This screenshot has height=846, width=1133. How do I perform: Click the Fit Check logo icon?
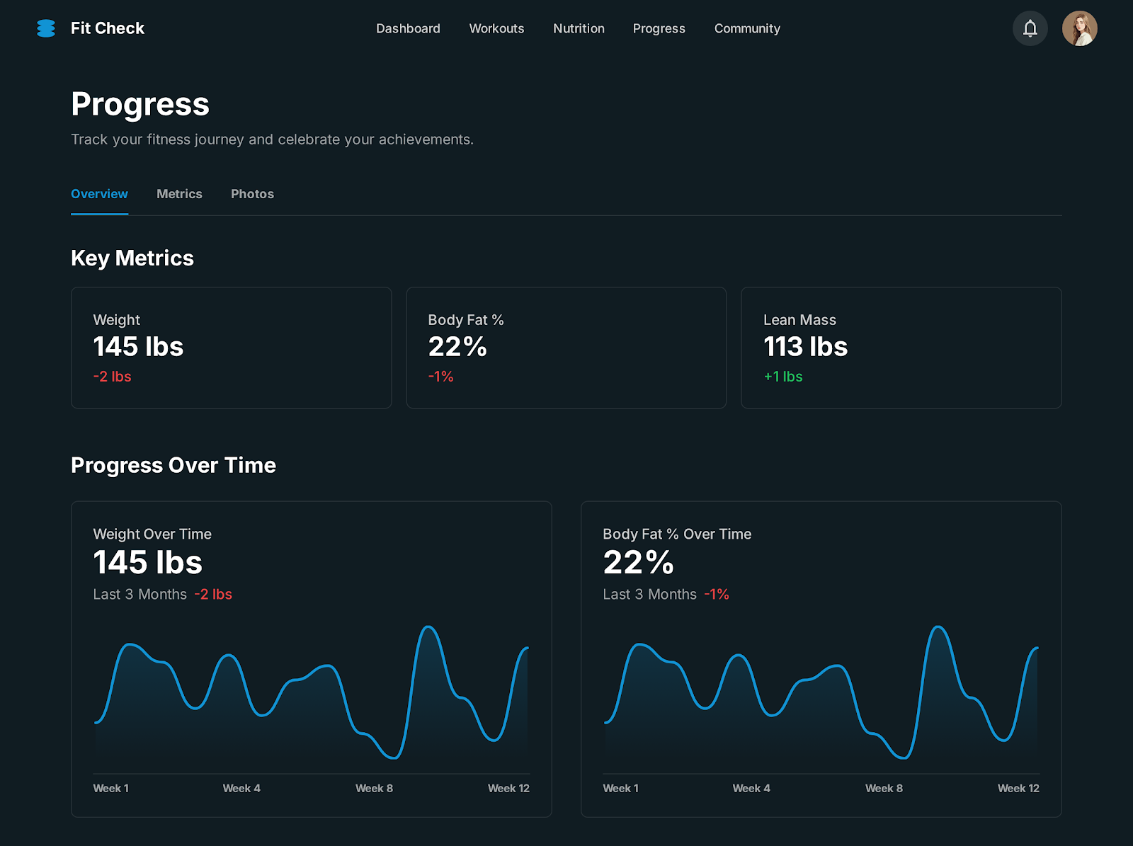pyautogui.click(x=46, y=28)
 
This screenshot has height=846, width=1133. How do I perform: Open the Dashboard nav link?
pyautogui.click(x=408, y=28)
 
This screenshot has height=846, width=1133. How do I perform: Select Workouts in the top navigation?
pyautogui.click(x=496, y=28)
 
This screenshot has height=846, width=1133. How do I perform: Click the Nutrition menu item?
pyautogui.click(x=579, y=28)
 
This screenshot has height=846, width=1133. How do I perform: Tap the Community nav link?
pyautogui.click(x=747, y=28)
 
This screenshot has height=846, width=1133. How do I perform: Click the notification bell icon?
pyautogui.click(x=1030, y=28)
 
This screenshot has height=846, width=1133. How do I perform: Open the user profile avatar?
pyautogui.click(x=1079, y=28)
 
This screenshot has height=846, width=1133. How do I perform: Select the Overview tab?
pyautogui.click(x=99, y=194)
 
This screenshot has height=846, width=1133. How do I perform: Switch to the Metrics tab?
pyautogui.click(x=179, y=194)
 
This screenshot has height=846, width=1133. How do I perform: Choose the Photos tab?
pyautogui.click(x=252, y=194)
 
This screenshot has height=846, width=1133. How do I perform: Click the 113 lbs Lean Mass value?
pyautogui.click(x=805, y=347)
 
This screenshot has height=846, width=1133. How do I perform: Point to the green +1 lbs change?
pyautogui.click(x=782, y=377)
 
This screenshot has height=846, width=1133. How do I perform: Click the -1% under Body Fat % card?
pyautogui.click(x=440, y=377)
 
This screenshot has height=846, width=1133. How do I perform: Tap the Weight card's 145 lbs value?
pyautogui.click(x=138, y=347)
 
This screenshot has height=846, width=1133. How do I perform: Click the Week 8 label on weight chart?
pyautogui.click(x=374, y=788)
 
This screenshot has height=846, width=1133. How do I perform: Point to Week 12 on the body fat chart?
pyautogui.click(x=1018, y=788)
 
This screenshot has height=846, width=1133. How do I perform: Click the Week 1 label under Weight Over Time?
pyautogui.click(x=110, y=788)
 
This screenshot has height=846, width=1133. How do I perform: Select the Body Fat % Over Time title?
pyautogui.click(x=677, y=535)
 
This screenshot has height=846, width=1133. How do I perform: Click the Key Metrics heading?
pyautogui.click(x=132, y=258)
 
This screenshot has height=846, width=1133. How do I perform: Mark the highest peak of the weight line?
pyautogui.click(x=428, y=627)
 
